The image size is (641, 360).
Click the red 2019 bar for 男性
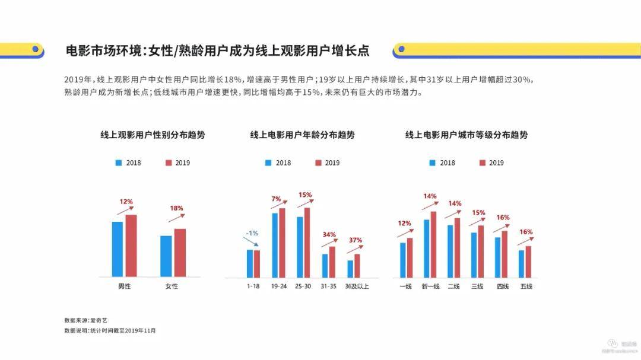pyautogui.click(x=131, y=246)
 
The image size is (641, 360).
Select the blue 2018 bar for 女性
pyautogui.click(x=166, y=256)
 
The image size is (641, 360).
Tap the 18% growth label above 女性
pyautogui.click(x=176, y=208)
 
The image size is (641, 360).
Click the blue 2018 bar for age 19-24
pyautogui.click(x=275, y=245)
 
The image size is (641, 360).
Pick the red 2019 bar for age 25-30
pyautogui.click(x=307, y=242)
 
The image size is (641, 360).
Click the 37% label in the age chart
pyautogui.click(x=355, y=240)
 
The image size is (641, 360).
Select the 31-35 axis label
pyautogui.click(x=328, y=286)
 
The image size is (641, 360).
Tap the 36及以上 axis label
pyautogui.click(x=357, y=286)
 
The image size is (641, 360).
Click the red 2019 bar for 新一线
pyautogui.click(x=433, y=244)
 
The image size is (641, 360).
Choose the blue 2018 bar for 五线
pyautogui.click(x=521, y=264)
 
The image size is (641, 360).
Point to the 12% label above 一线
pyautogui.click(x=404, y=224)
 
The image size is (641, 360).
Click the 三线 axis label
pyautogui.click(x=477, y=286)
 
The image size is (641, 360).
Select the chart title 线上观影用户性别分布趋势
pyautogui.click(x=157, y=135)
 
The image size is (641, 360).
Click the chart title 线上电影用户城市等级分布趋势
pyautogui.click(x=467, y=135)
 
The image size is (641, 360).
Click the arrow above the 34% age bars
pyautogui.click(x=329, y=243)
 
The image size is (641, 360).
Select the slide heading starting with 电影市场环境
pyautogui.click(x=217, y=51)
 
